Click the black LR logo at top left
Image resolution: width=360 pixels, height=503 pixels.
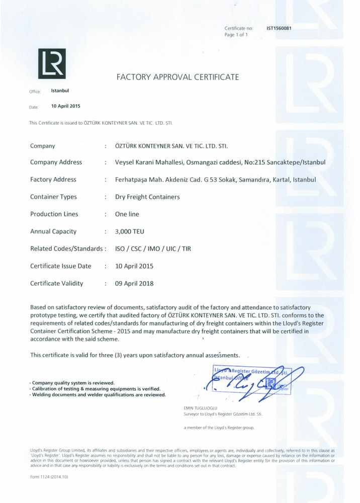click(x=52, y=64)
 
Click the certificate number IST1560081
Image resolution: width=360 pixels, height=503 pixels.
click(x=279, y=28)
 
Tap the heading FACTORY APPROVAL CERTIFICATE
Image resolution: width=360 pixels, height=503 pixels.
click(x=177, y=77)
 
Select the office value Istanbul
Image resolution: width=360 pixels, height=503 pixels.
click(x=60, y=91)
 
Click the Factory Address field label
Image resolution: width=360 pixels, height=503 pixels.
click(x=53, y=180)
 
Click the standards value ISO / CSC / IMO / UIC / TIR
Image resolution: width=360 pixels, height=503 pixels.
click(x=153, y=249)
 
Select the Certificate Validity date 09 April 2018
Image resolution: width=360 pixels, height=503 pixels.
click(x=134, y=284)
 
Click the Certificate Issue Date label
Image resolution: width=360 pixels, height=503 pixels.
click(x=60, y=266)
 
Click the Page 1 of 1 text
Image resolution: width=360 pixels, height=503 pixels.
click(x=236, y=35)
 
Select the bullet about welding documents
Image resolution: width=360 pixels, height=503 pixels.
click(x=98, y=395)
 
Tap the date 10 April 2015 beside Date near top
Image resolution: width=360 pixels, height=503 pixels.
click(x=65, y=106)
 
